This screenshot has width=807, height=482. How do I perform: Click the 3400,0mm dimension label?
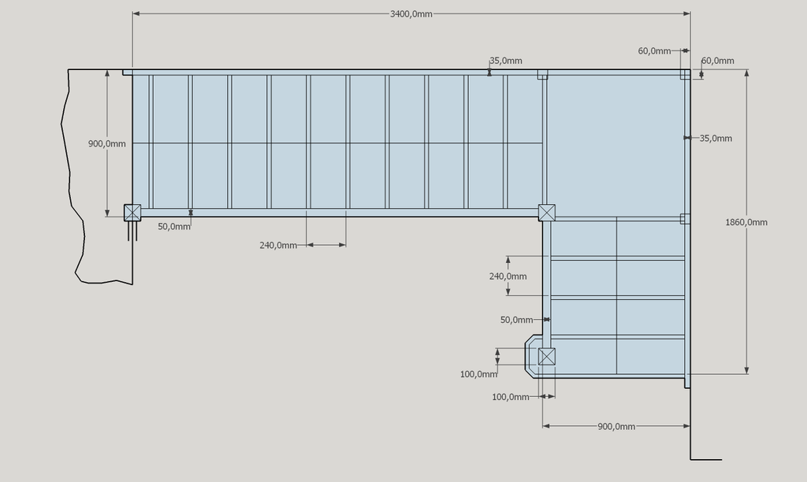coord(411,14)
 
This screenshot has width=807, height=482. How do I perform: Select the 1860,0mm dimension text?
coord(746,222)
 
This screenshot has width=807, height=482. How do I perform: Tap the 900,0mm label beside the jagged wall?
coord(106,143)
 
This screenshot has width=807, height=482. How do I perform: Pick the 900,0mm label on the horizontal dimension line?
coord(616,426)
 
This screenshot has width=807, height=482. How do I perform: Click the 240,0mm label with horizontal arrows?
coord(278,246)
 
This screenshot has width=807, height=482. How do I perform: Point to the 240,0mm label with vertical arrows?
coord(508,276)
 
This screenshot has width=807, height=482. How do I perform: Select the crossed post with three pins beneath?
coord(132,213)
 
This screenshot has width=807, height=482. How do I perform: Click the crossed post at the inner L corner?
coord(547,213)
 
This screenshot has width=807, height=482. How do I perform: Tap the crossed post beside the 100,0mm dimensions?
coord(547,357)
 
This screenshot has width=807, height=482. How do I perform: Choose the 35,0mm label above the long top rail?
coord(506,61)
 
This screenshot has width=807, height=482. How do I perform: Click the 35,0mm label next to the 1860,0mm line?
coord(716,139)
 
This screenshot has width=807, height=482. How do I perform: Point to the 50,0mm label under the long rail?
coord(174,226)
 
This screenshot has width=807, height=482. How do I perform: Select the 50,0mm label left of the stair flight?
coord(516,320)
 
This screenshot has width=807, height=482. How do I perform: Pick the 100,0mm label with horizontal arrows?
coord(511,397)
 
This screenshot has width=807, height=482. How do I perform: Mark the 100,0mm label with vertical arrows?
coord(478,374)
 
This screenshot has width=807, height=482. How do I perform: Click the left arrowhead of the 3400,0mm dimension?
coord(136,14)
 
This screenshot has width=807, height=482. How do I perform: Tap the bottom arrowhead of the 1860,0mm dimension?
coord(747,370)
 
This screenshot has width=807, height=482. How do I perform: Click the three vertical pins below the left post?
coord(132,231)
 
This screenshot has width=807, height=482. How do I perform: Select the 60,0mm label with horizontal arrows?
coord(654,51)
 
